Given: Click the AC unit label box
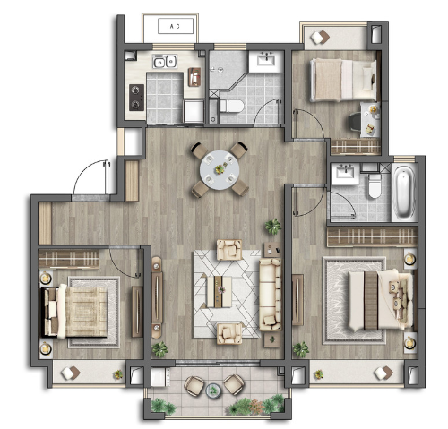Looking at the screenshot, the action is coord(176,26).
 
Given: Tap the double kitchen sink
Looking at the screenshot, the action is coord(165,62).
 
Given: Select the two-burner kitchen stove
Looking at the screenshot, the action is coord(136,98).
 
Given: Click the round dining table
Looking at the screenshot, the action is coord(220,170).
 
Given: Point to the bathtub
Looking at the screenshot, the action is coord(404,192).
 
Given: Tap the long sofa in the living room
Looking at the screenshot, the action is coord(271,295).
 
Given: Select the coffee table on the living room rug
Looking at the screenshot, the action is coord(220,292).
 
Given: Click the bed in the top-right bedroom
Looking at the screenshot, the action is coord(343,80).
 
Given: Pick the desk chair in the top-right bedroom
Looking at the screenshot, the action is coord(355,121).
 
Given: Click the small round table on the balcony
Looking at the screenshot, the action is coord(213,390).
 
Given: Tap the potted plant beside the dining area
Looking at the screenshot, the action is coord(273,227).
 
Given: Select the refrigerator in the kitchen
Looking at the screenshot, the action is coord(194,111).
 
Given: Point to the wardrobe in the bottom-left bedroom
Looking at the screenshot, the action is coord(69,259).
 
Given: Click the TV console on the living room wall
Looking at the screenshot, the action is coord(157,297).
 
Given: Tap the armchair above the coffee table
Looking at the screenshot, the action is coord(229,250).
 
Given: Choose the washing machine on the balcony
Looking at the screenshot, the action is coord(159,377).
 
